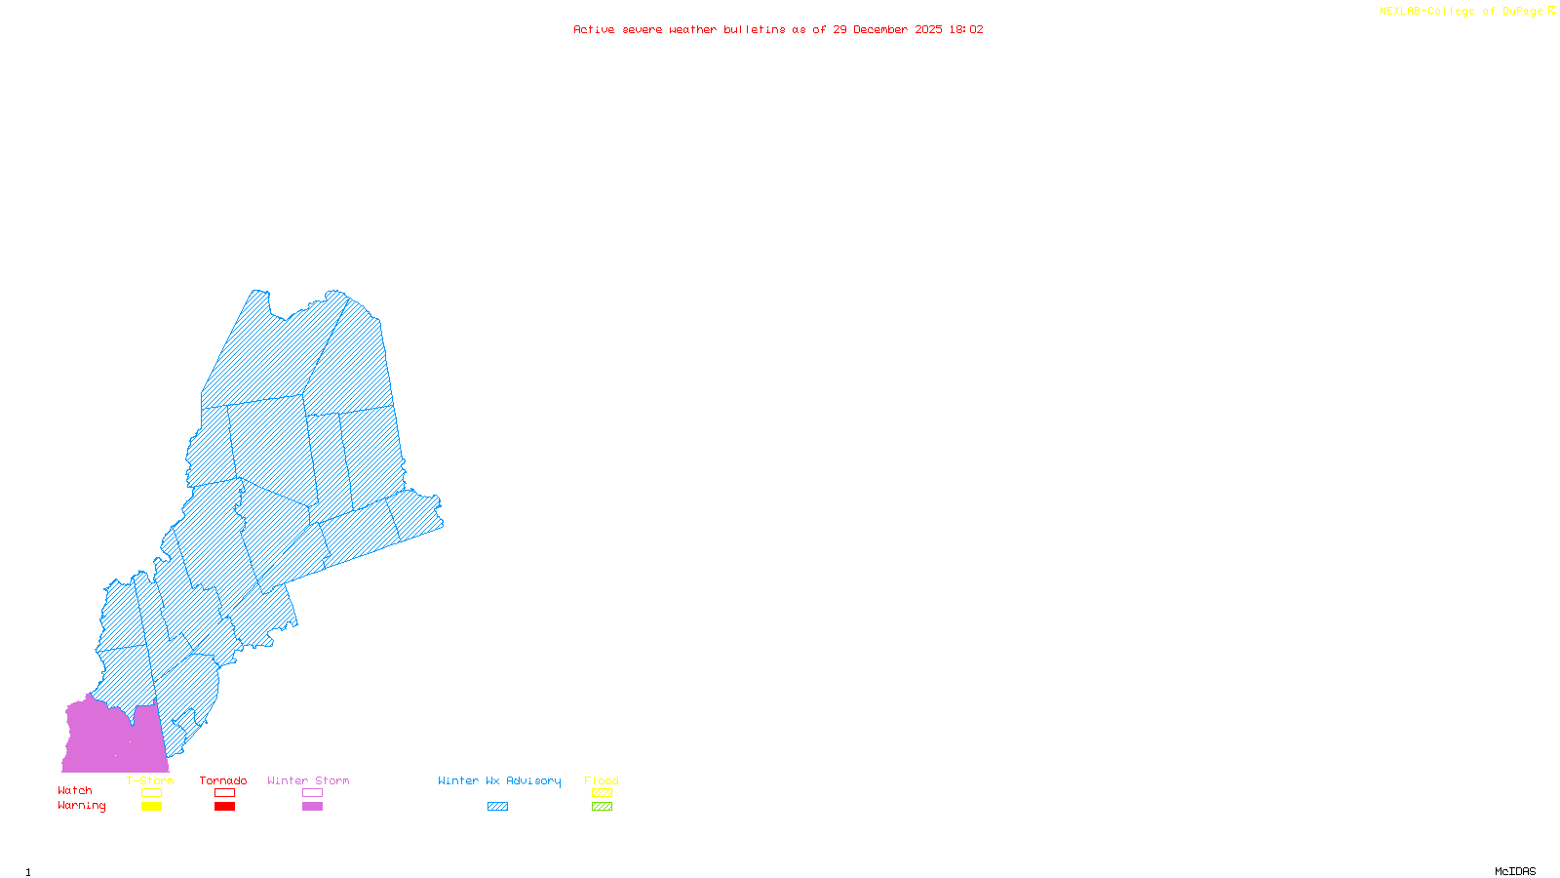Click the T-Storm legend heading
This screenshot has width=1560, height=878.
pyautogui.click(x=150, y=780)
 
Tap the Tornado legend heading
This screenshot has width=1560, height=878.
pyautogui.click(x=223, y=780)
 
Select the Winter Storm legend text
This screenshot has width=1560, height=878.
pyautogui.click(x=308, y=780)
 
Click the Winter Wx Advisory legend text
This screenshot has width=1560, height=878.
pyautogui.click(x=499, y=780)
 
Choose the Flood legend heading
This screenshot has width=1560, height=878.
pyautogui.click(x=602, y=780)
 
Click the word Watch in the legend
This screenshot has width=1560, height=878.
pyautogui.click(x=75, y=790)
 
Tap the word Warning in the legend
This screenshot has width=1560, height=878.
pyautogui.click(x=82, y=806)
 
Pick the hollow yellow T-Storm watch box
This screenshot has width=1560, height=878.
pyautogui.click(x=151, y=793)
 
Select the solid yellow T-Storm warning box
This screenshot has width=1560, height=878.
pyautogui.click(x=151, y=807)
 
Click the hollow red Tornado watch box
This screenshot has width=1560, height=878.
pyautogui.click(x=224, y=793)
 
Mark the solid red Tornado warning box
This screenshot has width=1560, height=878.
pyautogui.click(x=224, y=807)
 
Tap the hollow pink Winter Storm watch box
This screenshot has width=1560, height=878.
pyautogui.click(x=312, y=793)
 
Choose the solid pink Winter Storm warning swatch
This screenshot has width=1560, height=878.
pyautogui.click(x=312, y=807)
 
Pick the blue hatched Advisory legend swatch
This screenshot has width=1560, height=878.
pyautogui.click(x=497, y=807)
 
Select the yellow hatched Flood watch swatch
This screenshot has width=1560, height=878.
pyautogui.click(x=602, y=793)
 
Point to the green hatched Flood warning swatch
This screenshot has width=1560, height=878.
pyautogui.click(x=602, y=807)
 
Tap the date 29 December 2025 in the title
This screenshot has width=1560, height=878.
pyautogui.click(x=887, y=29)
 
